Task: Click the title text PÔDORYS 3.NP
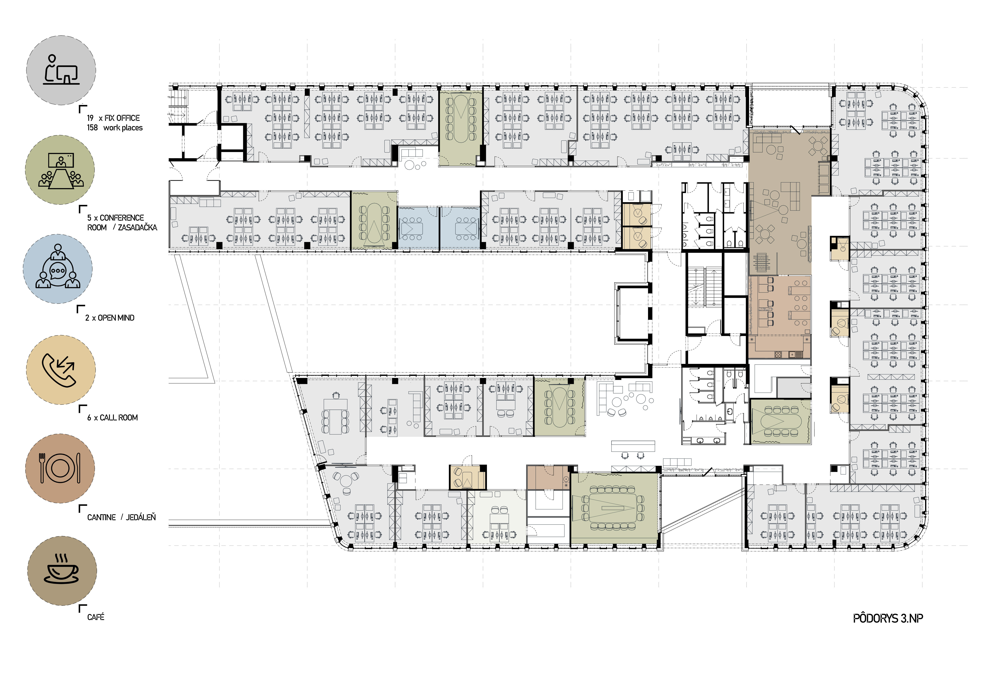tap(888, 618)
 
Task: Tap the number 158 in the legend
tap(92, 128)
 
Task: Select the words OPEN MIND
tap(116, 318)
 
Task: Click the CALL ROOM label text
tap(119, 418)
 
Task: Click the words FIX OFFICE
tap(122, 118)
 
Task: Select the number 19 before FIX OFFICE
tap(90, 118)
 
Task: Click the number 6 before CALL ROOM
tap(89, 418)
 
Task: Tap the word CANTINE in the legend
tap(102, 518)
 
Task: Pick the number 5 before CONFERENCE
tap(89, 218)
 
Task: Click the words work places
tap(123, 128)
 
